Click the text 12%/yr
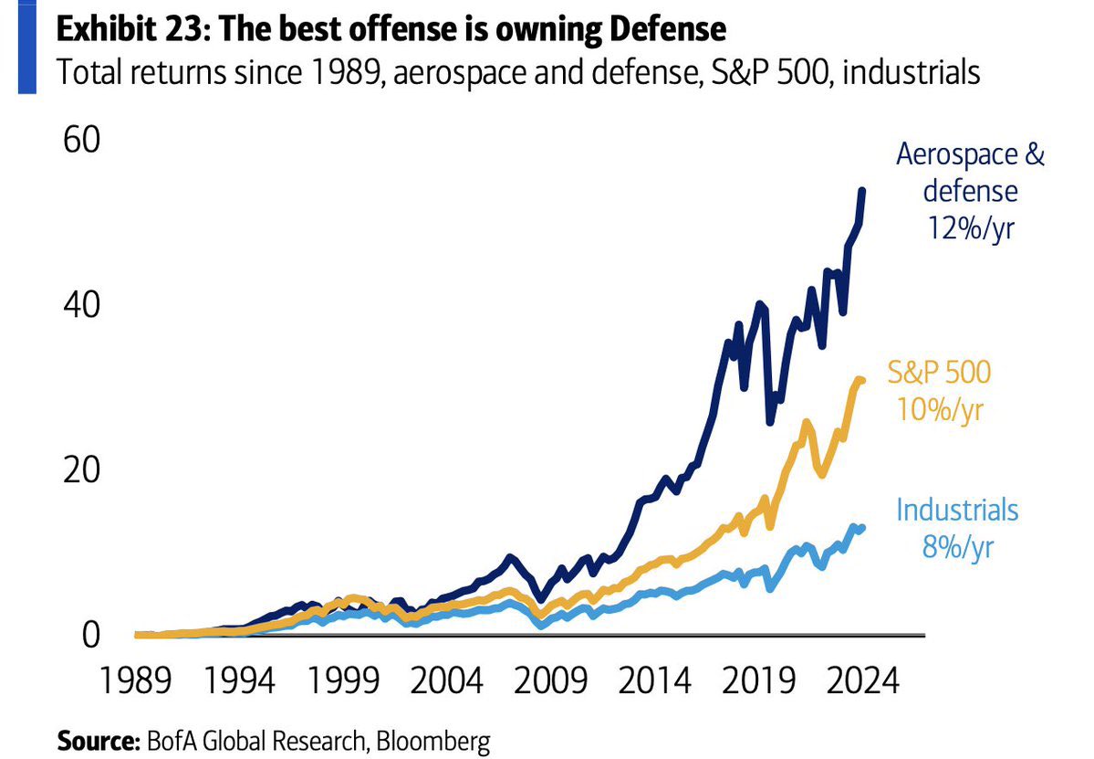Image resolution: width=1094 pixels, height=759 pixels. point(970,227)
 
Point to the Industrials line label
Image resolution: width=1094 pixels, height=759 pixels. point(956,510)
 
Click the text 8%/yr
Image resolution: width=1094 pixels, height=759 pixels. point(957,548)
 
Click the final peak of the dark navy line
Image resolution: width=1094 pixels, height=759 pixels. point(862,191)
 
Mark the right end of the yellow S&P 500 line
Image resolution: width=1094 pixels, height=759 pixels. point(860,380)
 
